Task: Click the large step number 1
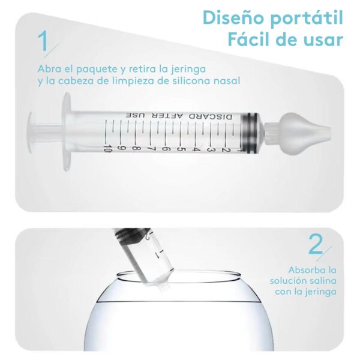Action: point(44,43)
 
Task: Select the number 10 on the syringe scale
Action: point(107,147)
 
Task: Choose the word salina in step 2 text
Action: point(322,281)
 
